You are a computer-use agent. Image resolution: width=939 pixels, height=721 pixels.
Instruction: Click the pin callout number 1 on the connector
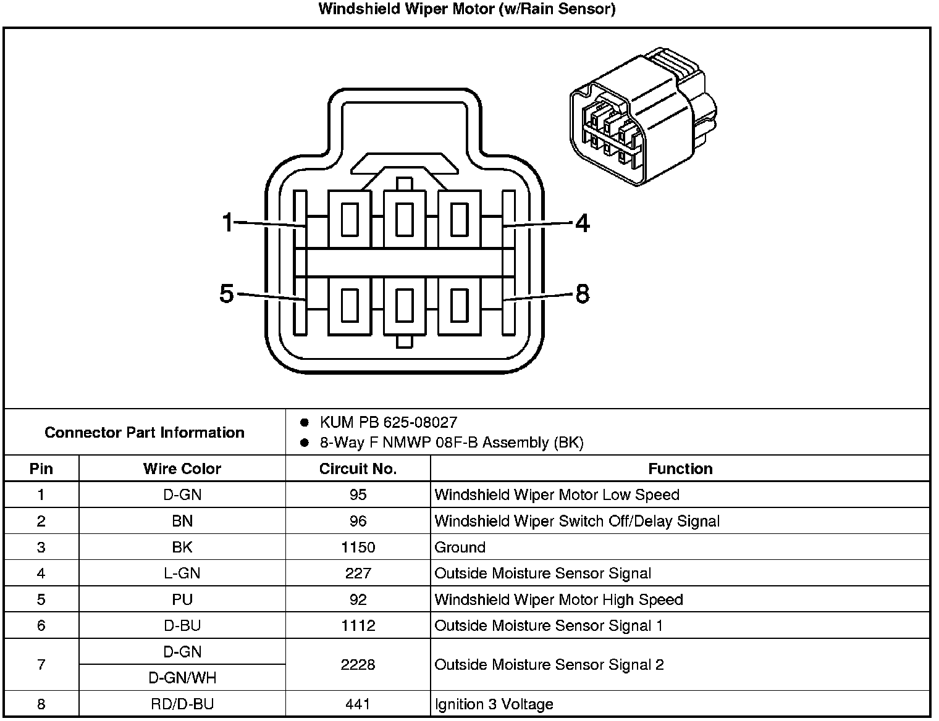click(x=228, y=222)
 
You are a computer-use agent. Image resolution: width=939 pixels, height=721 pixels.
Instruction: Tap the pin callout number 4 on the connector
click(x=582, y=223)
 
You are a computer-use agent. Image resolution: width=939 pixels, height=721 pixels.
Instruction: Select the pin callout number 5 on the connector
click(x=227, y=294)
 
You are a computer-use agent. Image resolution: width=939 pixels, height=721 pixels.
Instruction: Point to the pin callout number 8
click(x=582, y=294)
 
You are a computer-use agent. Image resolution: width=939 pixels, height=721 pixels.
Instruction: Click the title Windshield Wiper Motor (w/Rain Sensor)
click(x=466, y=9)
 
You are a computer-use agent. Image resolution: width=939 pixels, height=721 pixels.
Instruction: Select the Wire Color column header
click(x=182, y=469)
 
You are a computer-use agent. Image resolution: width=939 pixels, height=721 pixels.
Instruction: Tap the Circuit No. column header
click(x=358, y=469)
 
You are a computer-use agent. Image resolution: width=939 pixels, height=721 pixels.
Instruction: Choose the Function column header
click(x=680, y=469)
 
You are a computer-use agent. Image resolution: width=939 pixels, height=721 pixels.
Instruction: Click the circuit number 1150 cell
click(x=358, y=548)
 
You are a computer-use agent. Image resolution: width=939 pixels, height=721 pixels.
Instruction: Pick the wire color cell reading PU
click(x=182, y=600)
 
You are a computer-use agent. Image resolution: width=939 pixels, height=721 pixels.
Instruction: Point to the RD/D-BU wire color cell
click(x=182, y=704)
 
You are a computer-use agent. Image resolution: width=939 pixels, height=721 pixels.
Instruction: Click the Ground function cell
click(x=460, y=548)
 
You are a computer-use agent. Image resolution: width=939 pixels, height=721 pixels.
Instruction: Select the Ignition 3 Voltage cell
click(x=494, y=704)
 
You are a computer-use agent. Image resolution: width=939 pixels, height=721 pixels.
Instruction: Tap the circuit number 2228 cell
click(x=358, y=665)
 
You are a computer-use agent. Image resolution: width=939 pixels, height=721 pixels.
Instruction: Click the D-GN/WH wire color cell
click(x=182, y=678)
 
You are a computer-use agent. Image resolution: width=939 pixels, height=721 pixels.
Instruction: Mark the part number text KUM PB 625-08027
click(x=388, y=422)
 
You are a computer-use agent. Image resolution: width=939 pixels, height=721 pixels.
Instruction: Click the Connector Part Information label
click(x=145, y=432)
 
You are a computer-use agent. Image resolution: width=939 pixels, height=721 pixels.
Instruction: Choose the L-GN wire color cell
click(x=182, y=573)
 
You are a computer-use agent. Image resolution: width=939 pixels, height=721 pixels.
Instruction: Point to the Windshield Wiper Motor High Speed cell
click(x=558, y=600)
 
